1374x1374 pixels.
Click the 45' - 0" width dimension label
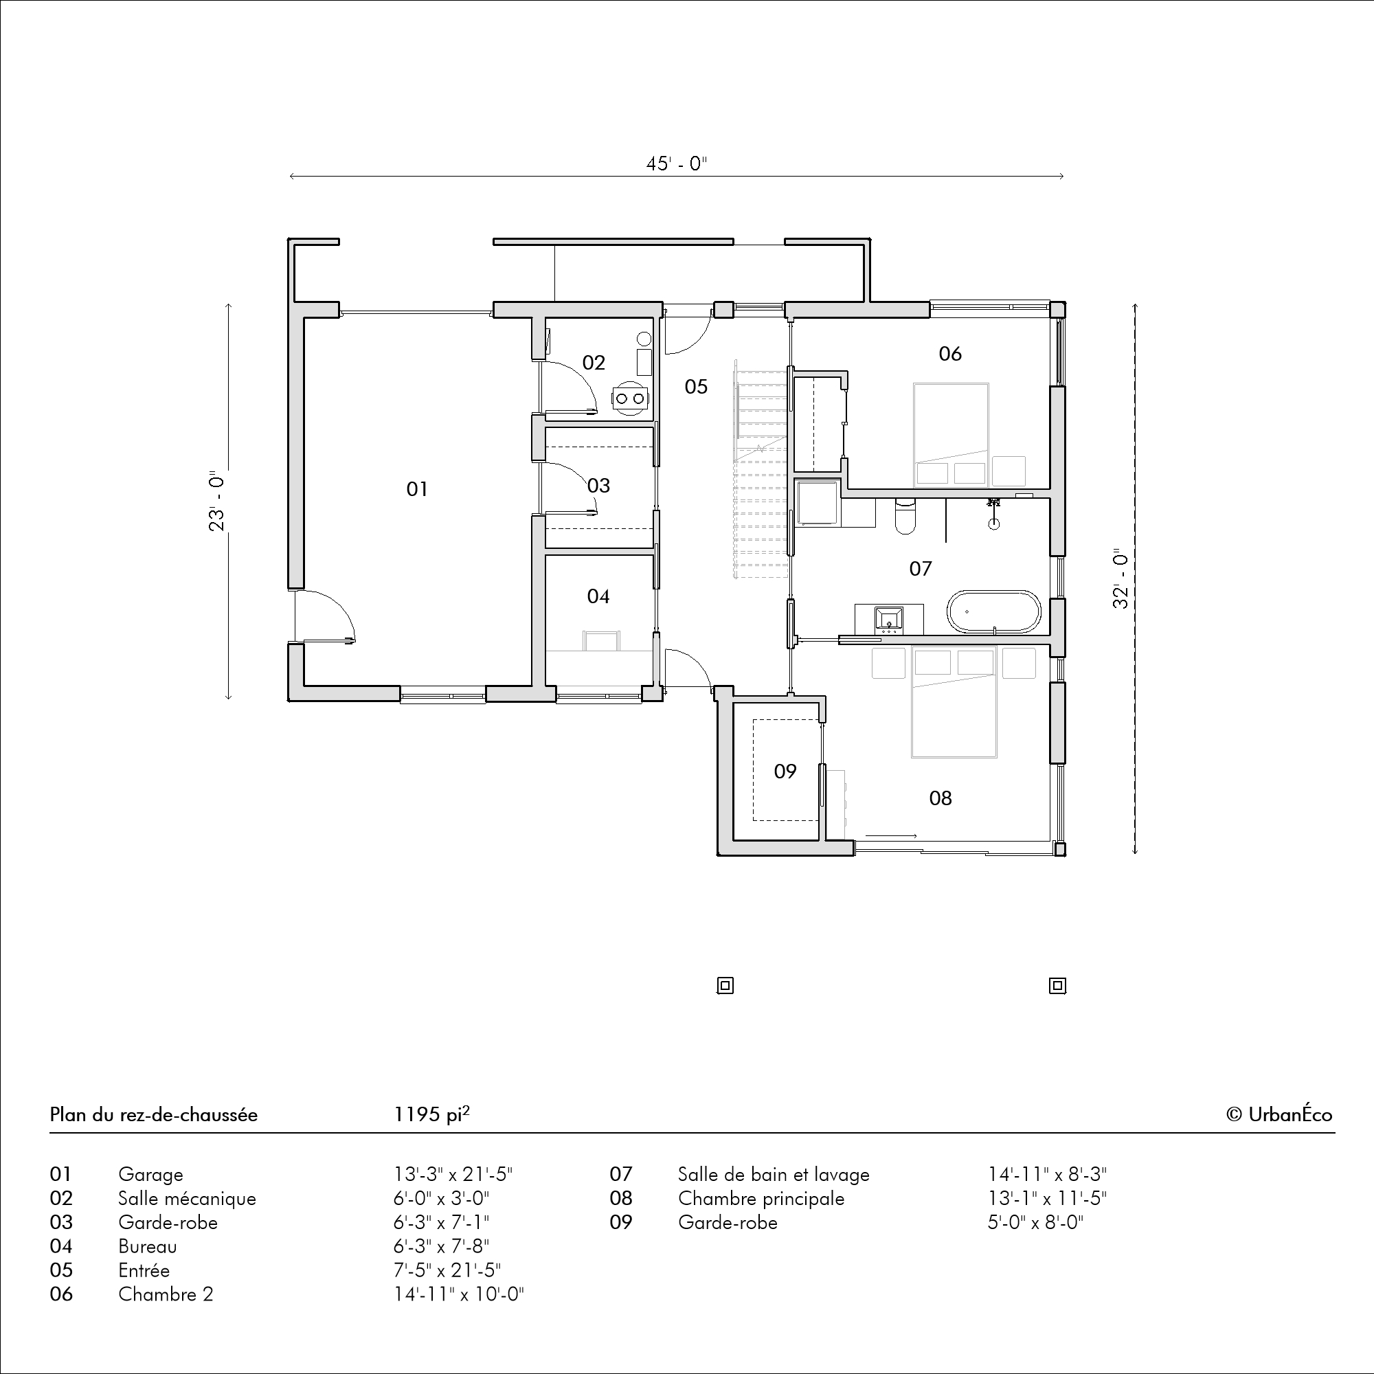point(676,164)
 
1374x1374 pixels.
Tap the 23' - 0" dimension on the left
point(218,501)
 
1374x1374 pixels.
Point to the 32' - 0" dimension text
point(1120,578)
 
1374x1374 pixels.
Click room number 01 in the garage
point(418,489)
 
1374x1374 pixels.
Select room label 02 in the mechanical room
point(594,363)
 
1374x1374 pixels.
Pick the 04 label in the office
point(598,596)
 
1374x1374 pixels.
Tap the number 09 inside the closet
point(785,771)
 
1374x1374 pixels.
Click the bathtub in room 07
point(993,611)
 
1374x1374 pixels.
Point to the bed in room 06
point(951,435)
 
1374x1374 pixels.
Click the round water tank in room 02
point(644,339)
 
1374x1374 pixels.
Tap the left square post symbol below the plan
point(725,986)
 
